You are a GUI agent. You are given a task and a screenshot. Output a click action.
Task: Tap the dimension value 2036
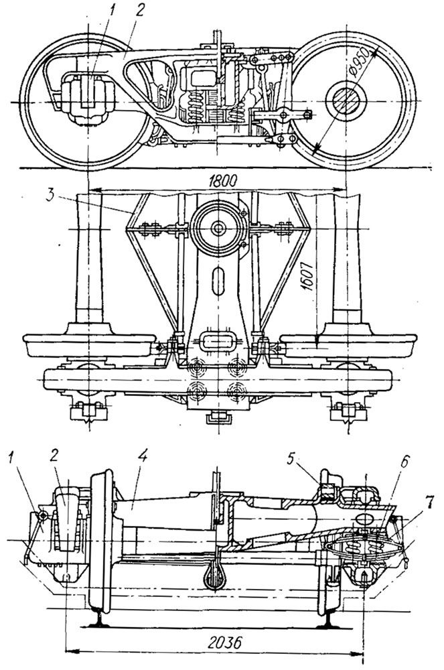point(220,641)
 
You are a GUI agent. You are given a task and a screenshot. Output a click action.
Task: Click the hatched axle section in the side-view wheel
point(346,103)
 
